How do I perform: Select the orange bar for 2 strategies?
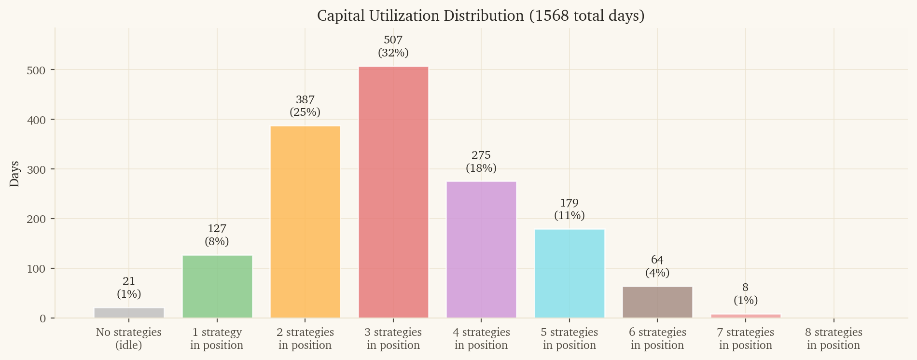(305, 222)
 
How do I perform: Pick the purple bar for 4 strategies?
(481, 249)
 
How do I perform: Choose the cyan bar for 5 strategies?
(570, 273)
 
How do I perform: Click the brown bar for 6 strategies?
(657, 302)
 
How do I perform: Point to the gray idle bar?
(129, 313)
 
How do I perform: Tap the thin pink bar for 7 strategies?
(746, 316)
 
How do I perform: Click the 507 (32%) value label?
(393, 46)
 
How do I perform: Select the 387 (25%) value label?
(305, 106)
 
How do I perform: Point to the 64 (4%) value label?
(657, 266)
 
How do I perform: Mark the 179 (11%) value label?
(570, 209)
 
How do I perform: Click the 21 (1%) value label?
(129, 288)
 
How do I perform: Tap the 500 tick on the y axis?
(36, 70)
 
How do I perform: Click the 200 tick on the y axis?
(36, 219)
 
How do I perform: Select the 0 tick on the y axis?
(43, 318)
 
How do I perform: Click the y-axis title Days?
(14, 174)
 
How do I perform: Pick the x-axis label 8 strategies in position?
(834, 339)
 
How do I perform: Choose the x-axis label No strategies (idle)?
(129, 339)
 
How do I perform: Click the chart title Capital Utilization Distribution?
(480, 16)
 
